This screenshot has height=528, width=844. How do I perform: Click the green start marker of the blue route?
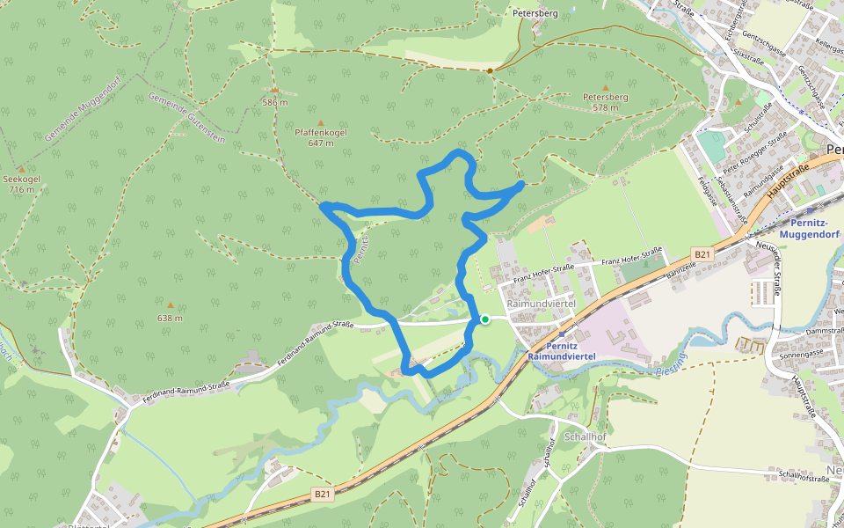484,319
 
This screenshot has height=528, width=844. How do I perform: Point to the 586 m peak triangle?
275,91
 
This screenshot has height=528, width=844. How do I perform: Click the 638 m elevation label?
170,318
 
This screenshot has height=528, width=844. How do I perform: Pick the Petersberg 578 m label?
605,102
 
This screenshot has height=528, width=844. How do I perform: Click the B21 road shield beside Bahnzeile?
701,254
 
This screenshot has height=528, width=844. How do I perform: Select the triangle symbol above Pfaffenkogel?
320,122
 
